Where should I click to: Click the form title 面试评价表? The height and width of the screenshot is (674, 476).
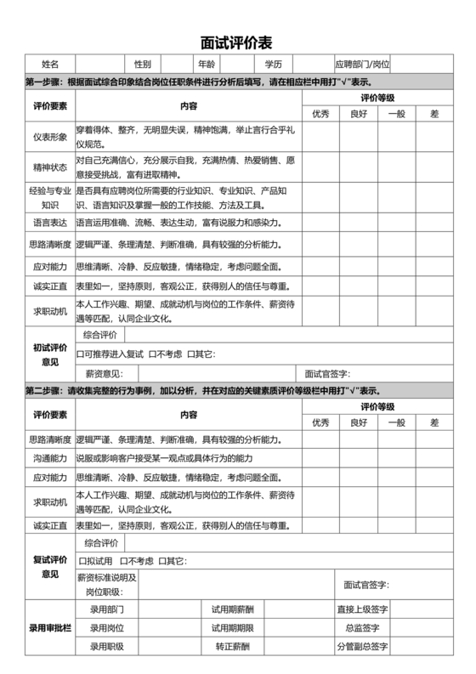coord(237,42)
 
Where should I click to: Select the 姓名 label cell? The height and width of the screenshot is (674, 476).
coord(50,65)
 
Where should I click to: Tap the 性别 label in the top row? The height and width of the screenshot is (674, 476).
coord(142,65)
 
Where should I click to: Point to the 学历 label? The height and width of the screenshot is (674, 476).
coord(273,65)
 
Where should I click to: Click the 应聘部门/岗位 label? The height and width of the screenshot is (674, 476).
coord(362,65)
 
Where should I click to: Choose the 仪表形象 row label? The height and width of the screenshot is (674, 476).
coord(50,137)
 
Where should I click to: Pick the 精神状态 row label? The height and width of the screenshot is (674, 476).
coord(50,167)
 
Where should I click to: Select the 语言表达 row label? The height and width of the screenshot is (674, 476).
coord(50,224)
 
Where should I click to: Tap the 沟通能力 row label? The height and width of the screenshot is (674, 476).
coord(50,458)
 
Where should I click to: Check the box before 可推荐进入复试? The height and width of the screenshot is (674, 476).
coord(80,354)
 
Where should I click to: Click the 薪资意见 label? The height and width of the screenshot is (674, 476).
coord(105,373)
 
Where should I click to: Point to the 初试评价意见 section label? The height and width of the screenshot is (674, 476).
coord(50,354)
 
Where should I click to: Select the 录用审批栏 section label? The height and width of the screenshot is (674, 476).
coord(50,628)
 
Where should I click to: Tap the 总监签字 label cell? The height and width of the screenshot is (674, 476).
coord(362,628)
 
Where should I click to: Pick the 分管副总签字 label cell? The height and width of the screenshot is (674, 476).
coord(362,647)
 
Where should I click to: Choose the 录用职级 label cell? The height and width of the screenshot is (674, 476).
coord(107,647)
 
